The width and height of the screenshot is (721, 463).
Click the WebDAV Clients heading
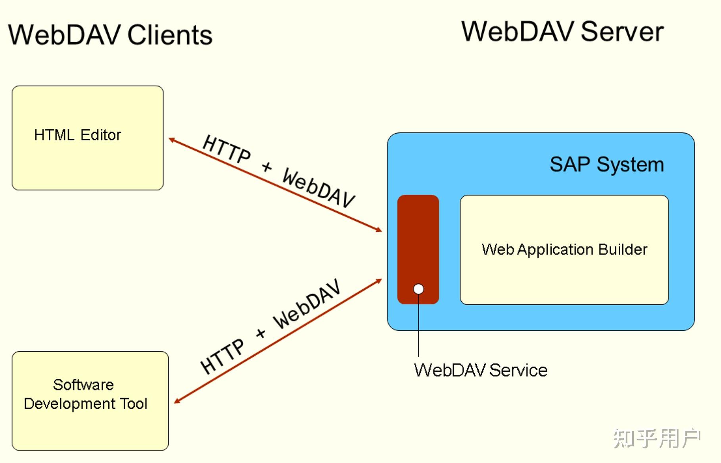(x=110, y=35)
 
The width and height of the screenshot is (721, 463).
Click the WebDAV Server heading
(x=562, y=32)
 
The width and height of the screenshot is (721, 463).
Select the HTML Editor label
(x=77, y=135)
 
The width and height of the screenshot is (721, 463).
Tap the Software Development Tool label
(x=85, y=394)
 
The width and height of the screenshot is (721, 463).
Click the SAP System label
(x=606, y=164)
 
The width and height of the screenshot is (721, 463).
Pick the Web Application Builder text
(x=564, y=250)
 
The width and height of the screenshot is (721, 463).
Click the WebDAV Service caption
(x=480, y=370)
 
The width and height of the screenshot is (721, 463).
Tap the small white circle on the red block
(x=418, y=289)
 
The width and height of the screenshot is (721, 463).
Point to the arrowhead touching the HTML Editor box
(x=171, y=140)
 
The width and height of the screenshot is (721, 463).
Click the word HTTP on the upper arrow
(x=226, y=149)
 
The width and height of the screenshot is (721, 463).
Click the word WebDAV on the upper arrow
(x=318, y=188)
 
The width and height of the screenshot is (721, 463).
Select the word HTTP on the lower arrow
(x=222, y=356)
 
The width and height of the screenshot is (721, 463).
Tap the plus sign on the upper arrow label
(x=267, y=167)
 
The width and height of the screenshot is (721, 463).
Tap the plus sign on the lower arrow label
(x=261, y=333)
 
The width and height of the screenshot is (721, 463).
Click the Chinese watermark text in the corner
(x=656, y=438)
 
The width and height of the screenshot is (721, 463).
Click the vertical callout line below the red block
(x=418, y=329)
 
